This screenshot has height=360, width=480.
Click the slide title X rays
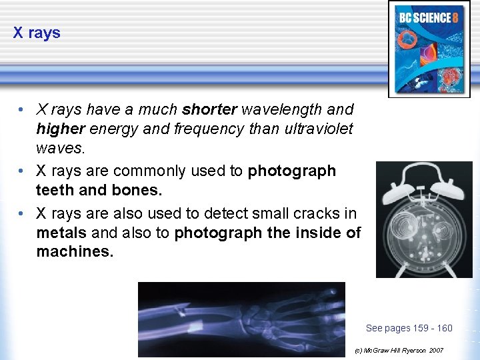pos(37,33)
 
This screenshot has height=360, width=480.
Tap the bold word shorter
pos(209,109)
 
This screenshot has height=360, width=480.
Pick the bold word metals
pos(62,233)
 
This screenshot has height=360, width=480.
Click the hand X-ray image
pos(241,319)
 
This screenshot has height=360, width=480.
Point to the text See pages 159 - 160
pos(409,328)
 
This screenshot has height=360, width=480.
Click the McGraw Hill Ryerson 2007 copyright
pos(399,350)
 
